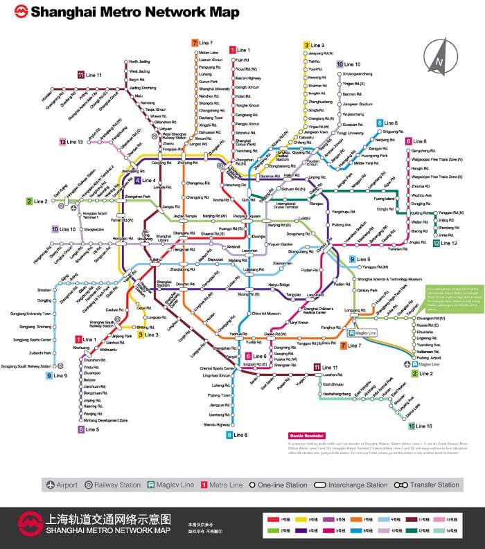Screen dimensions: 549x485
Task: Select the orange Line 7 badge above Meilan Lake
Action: point(195,43)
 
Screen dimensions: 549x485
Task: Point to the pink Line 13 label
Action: point(75,141)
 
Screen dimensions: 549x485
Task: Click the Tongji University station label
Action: point(351,133)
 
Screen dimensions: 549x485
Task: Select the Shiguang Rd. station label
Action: point(393,131)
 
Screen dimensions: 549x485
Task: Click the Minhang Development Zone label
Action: point(105,420)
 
